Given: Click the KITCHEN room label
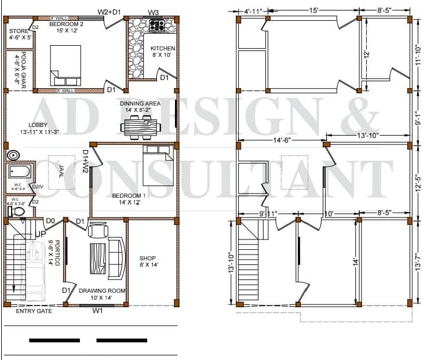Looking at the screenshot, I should click(x=162, y=48).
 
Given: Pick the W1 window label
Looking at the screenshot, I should click(x=97, y=311).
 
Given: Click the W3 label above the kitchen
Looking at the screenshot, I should click(x=154, y=12).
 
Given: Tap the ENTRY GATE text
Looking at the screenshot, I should click(x=34, y=311).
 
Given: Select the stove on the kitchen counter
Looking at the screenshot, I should click(x=156, y=25).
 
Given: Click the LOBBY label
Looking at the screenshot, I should click(x=38, y=125).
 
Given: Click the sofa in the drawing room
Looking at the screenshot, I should click(x=116, y=253).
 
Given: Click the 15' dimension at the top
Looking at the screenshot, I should click(x=313, y=10).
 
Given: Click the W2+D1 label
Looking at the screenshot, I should click(x=109, y=12).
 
